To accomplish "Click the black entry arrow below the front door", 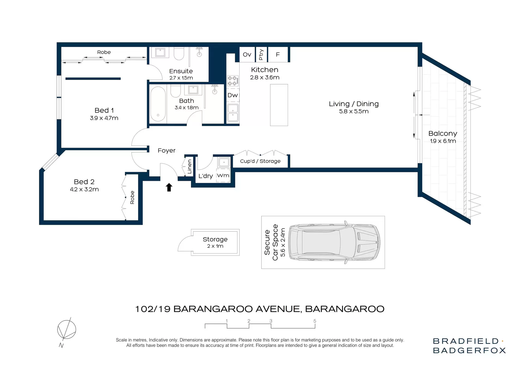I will [169, 187].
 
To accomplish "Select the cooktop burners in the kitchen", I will [233, 81].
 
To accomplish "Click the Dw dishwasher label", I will [233, 95].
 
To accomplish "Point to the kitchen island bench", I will [279, 105].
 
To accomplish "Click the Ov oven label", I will [247, 55].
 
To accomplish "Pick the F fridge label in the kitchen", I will [278, 55].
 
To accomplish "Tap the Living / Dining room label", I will [354, 104].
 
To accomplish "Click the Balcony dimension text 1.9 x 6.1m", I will [443, 141].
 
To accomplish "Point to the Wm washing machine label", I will [223, 175].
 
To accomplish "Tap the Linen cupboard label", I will [190, 167].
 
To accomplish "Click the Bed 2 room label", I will [84, 182].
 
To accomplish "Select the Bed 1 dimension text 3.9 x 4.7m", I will [104, 118].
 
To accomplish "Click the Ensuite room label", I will [181, 71].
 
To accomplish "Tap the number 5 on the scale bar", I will [315, 321].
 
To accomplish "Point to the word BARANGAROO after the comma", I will [345, 309].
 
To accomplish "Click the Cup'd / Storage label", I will [260, 161].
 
